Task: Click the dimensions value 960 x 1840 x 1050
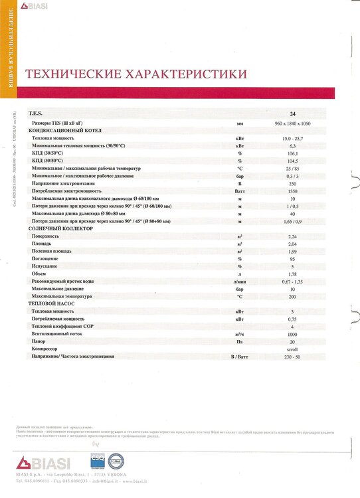click(x=293, y=124)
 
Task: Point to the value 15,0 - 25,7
click(x=293, y=137)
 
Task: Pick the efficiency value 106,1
click(x=293, y=153)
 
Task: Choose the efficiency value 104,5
click(x=293, y=161)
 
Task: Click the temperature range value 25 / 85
click(x=293, y=169)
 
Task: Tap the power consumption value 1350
click(x=293, y=191)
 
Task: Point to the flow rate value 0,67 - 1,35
click(x=293, y=281)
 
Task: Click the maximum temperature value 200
click(x=293, y=296)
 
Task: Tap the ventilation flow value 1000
click(x=293, y=334)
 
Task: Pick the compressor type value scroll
click(x=293, y=349)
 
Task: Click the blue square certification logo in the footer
click(x=98, y=461)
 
